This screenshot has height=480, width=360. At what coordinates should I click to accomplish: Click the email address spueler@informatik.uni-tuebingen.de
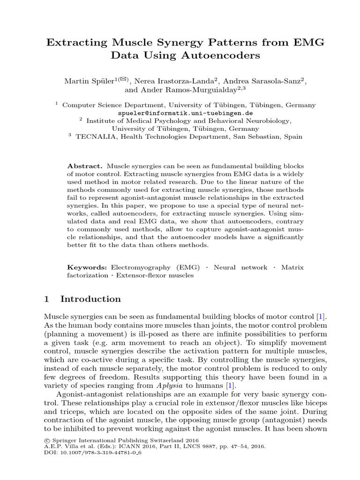click(x=186, y=113)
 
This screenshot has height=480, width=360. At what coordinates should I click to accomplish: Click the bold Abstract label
click(x=84, y=166)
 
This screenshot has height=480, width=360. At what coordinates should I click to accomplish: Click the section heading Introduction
click(x=90, y=299)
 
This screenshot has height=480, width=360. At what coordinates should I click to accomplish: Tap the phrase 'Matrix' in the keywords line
click(x=292, y=267)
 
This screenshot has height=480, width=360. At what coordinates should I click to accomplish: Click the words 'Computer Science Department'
click(x=114, y=105)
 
